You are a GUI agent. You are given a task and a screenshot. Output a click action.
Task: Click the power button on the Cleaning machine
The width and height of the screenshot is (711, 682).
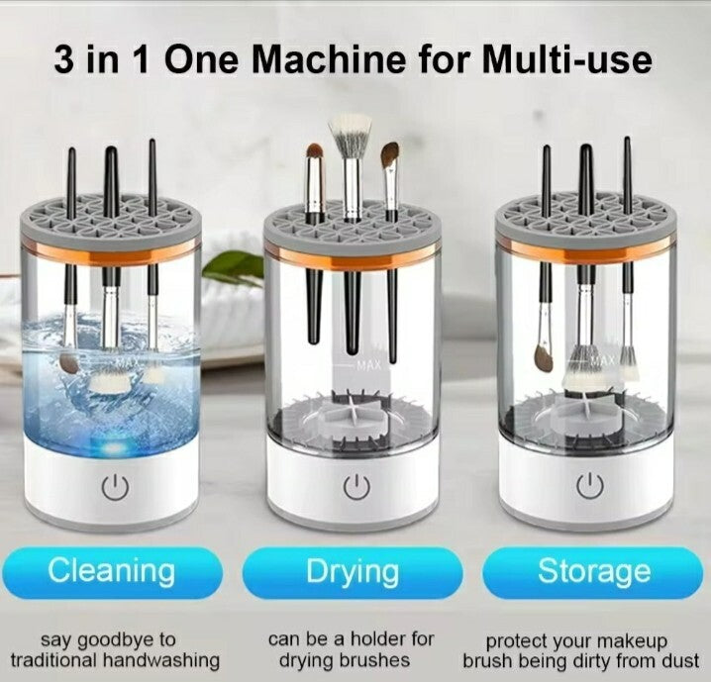[x=115, y=487]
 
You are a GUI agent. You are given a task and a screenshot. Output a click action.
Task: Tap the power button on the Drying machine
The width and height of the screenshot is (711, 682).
[x=356, y=487]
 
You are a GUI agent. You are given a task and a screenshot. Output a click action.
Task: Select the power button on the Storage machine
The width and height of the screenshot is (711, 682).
[x=590, y=484]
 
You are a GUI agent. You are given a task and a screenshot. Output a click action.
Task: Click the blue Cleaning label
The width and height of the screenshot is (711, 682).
[x=112, y=572]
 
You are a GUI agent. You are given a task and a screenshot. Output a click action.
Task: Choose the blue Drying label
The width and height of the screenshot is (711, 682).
[x=353, y=572]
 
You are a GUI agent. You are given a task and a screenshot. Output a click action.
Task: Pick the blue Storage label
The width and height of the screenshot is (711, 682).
[x=592, y=572]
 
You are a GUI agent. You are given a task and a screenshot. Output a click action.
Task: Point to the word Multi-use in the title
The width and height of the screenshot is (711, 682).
[x=567, y=59]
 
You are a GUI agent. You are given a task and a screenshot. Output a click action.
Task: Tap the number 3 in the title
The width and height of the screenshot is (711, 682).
[x=63, y=59]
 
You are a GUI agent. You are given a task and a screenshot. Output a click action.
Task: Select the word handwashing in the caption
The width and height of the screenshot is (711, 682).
[x=161, y=660]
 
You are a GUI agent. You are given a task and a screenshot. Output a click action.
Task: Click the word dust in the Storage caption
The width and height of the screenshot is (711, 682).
[x=679, y=660]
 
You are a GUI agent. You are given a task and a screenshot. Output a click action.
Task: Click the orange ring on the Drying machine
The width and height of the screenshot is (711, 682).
[x=352, y=258]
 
